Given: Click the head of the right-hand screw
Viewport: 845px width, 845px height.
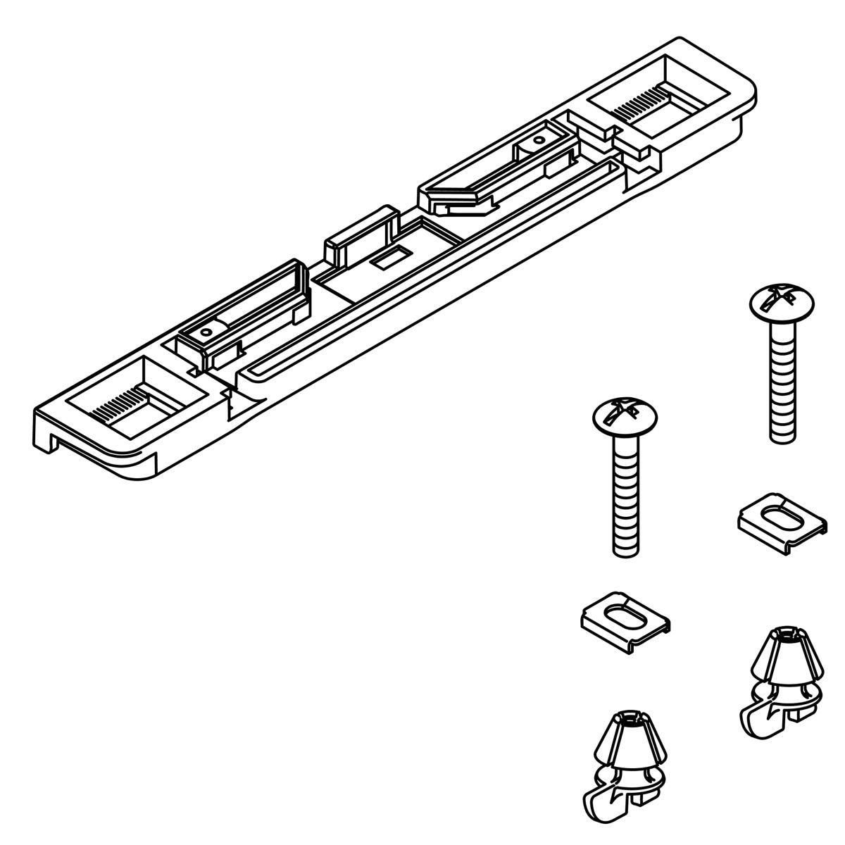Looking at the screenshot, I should click(x=780, y=303).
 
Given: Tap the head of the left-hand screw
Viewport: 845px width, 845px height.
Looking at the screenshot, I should click(x=624, y=418).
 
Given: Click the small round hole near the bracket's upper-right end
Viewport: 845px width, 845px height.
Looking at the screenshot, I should click(x=538, y=139).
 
